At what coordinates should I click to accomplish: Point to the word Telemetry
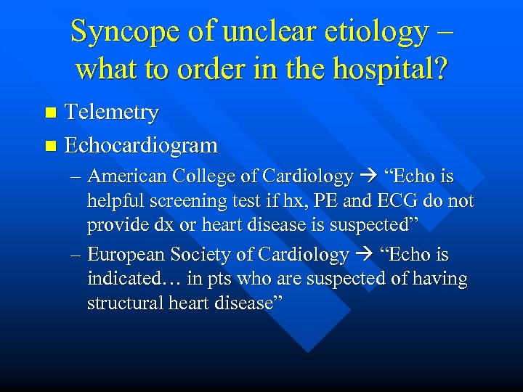[112, 113]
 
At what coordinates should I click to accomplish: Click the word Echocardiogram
[141, 145]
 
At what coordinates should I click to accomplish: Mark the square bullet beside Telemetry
[49, 113]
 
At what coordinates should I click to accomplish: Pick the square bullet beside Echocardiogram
[49, 146]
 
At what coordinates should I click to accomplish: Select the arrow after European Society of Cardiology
[362, 256]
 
